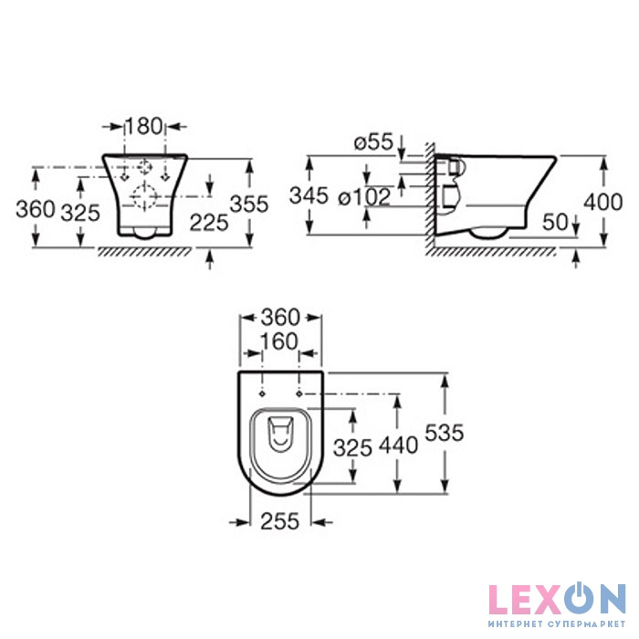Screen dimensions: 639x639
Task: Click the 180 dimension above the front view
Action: pos(144,126)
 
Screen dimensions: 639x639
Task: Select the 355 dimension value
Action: pos(249,204)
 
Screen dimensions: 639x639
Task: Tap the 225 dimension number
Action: pos(209,223)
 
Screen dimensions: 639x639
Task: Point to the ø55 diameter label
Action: pos(373,142)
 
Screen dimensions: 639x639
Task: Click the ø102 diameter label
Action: pos(364,198)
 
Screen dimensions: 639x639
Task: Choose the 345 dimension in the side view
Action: pos(309,195)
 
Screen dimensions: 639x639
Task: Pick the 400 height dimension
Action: pos(603,202)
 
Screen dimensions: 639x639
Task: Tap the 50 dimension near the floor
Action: pos(555,222)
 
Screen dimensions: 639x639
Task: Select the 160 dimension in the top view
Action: pos(279,341)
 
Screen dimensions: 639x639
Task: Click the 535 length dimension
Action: pos(445,433)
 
